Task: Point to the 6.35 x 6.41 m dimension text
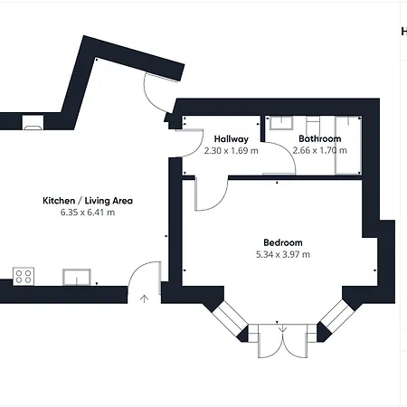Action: coord(88,213)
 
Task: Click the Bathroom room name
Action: coord(319,138)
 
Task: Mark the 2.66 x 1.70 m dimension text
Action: coord(319,150)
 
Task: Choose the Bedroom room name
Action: coord(283,242)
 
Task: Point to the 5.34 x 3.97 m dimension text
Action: coord(283,254)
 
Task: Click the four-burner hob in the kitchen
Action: coord(24,276)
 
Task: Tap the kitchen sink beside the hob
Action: coord(77,276)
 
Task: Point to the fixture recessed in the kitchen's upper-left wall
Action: coord(32,121)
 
